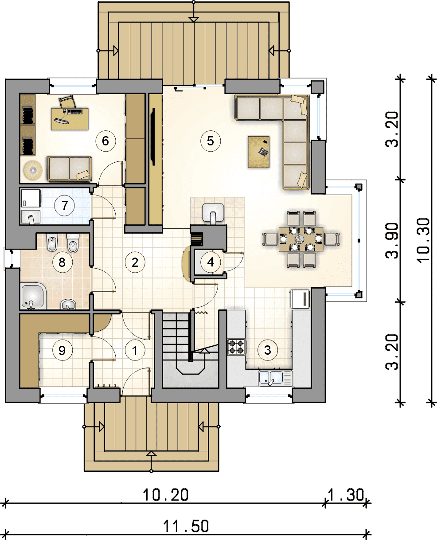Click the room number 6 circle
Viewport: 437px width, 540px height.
click(x=105, y=141)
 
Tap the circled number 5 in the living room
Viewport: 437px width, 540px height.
click(x=211, y=141)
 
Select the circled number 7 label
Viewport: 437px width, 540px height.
click(x=65, y=206)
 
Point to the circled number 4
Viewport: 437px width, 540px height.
click(x=211, y=262)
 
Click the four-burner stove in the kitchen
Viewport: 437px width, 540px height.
click(x=237, y=347)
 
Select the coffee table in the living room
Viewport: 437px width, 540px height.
click(x=258, y=152)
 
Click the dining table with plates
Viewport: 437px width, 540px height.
click(x=301, y=239)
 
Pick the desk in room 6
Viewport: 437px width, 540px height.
click(x=70, y=119)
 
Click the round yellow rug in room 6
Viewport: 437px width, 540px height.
click(x=33, y=170)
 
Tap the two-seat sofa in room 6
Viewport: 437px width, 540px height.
click(x=69, y=169)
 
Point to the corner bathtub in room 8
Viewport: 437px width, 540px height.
click(x=33, y=296)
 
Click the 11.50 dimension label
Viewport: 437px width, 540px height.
click(x=186, y=526)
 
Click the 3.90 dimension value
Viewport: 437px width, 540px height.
click(x=392, y=241)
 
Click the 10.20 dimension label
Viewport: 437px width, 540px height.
click(x=165, y=495)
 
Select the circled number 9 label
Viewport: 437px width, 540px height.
click(x=62, y=350)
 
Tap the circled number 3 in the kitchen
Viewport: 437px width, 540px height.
click(x=268, y=350)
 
